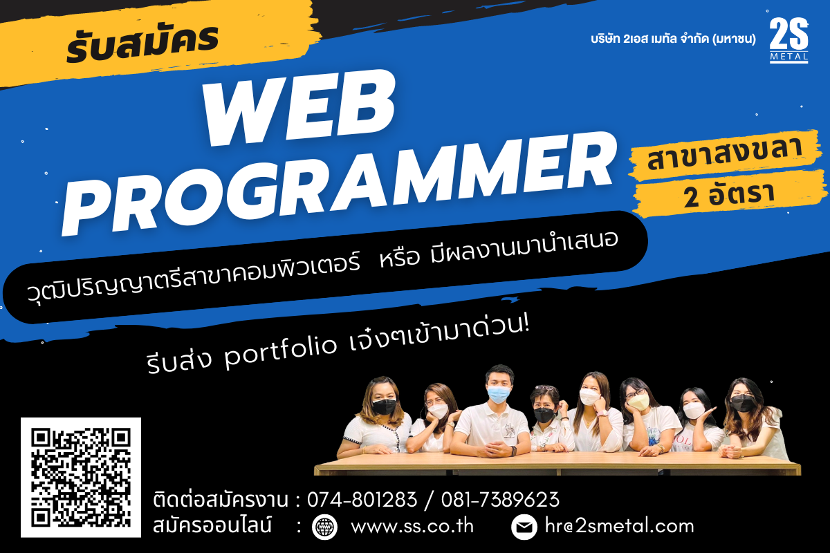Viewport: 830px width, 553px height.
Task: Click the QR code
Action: coord(81,478)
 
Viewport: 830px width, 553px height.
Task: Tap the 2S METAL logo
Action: coord(789,40)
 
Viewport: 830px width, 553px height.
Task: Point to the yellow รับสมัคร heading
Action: coord(142,44)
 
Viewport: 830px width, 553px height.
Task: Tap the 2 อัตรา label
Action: coord(729,194)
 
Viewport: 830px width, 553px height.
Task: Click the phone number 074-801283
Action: coord(362,499)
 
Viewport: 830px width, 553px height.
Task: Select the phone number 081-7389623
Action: coord(500,499)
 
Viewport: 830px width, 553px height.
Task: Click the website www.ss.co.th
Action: coord(412,526)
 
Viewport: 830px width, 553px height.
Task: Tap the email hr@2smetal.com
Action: coord(620,526)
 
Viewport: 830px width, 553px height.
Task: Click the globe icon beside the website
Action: coord(324,527)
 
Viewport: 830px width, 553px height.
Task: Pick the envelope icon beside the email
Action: coord(524,527)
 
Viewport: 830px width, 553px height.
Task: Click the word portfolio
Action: coord(281,351)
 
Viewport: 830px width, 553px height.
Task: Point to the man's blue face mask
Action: coord(499,394)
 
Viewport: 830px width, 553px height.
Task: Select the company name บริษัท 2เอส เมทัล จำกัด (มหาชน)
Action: coord(673,39)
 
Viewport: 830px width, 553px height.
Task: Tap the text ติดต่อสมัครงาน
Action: coord(221,499)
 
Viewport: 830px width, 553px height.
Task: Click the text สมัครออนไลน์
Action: coord(212,525)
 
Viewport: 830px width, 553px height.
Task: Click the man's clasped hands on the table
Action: coord(499,449)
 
